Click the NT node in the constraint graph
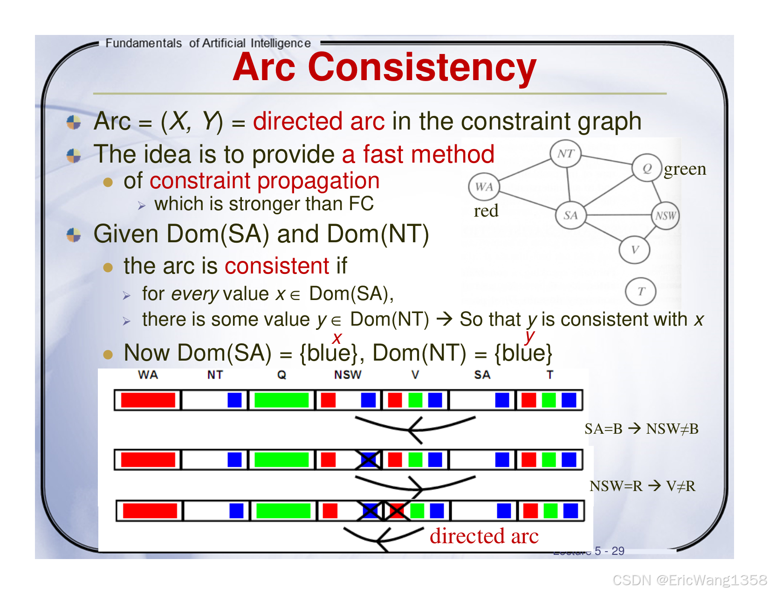coord(565,154)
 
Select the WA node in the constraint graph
coord(483,187)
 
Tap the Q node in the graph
coord(646,168)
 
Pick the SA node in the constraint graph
coord(570,215)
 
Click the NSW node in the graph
coord(666,215)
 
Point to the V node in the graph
coord(634,250)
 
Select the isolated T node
coord(640,292)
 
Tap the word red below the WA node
coord(486,211)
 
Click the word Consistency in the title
coord(422,68)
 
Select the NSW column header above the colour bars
coord(348,375)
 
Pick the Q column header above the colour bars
coord(282,375)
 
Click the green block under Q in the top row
coord(282,400)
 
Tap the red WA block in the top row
coord(148,400)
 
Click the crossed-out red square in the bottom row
coord(397,511)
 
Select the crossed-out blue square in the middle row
coord(368,459)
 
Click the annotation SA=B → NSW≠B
coord(641,429)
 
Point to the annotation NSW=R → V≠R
coord(642,486)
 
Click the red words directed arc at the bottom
coord(484,536)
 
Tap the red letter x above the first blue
coord(337,338)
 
